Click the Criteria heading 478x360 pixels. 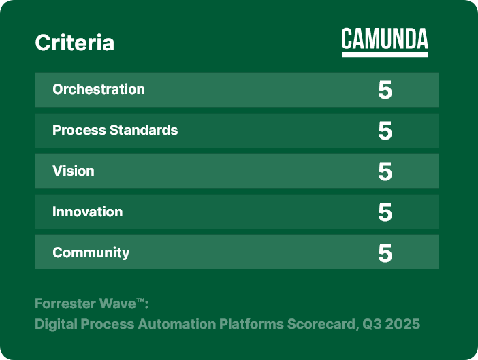point(75,43)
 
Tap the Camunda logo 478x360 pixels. point(385,42)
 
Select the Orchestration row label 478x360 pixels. point(99,89)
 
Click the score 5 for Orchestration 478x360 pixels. point(385,90)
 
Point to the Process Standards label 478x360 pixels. point(115,130)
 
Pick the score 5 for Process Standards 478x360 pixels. point(385,131)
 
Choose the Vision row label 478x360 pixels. point(73,171)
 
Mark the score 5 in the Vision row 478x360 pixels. point(385,171)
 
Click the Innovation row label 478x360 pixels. point(87,212)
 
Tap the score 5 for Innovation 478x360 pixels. point(385,212)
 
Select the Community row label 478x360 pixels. point(91,252)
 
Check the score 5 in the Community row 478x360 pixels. point(385,253)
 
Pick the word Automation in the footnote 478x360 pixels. point(177,324)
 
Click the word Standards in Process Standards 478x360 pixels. point(144,130)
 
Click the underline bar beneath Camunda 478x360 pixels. point(385,54)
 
